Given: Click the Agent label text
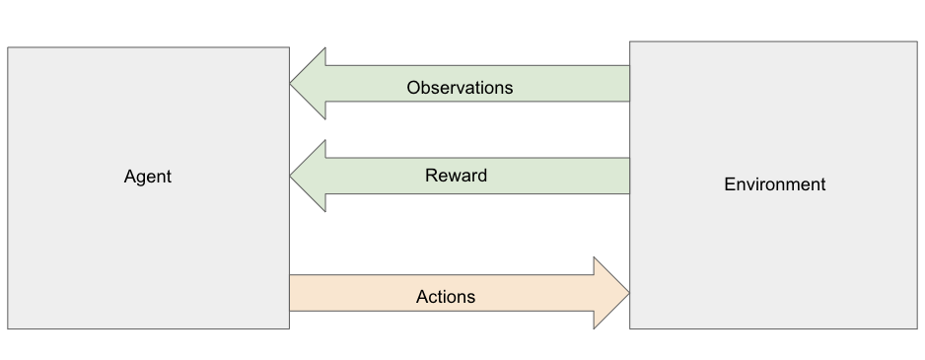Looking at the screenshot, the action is tap(148, 178).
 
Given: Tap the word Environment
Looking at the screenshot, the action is tap(774, 184).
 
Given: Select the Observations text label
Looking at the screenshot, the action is tap(460, 88).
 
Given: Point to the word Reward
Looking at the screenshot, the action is tap(456, 176).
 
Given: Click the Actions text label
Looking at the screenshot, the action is tap(446, 297).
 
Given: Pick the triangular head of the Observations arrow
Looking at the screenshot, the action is tap(309, 84).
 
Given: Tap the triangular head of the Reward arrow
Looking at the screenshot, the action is tap(309, 176).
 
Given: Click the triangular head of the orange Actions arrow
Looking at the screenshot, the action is tap(610, 293).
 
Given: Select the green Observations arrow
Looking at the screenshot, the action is tap(460, 84).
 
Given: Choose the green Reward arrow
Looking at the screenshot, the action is tap(460, 176).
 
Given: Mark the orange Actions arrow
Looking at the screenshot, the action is tap(460, 293).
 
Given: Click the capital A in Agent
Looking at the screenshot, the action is tap(130, 177).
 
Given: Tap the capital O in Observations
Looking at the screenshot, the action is tap(414, 88).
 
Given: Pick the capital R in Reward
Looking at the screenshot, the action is tap(431, 176).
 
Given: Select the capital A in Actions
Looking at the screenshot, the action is tap(422, 297).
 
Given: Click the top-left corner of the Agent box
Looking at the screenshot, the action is tap(8, 47).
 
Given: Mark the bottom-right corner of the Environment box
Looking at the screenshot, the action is tap(917, 328).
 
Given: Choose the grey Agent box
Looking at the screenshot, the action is tap(149, 187).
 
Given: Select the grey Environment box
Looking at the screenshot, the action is tap(773, 184).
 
